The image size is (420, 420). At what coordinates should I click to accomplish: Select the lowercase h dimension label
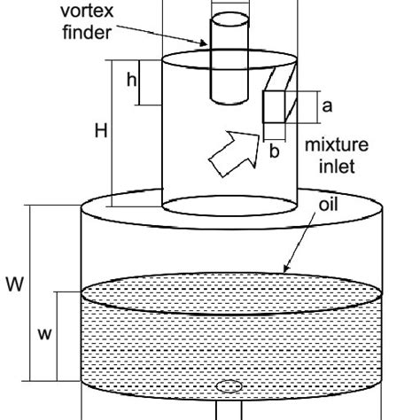(x=131, y=81)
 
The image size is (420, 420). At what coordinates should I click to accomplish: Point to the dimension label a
(x=327, y=106)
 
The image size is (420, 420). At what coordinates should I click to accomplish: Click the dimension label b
(x=275, y=152)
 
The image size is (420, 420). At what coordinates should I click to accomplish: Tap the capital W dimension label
(x=14, y=285)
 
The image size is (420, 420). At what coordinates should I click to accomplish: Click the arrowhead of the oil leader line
(x=284, y=268)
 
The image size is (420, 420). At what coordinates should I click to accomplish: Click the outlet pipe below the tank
(x=229, y=412)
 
